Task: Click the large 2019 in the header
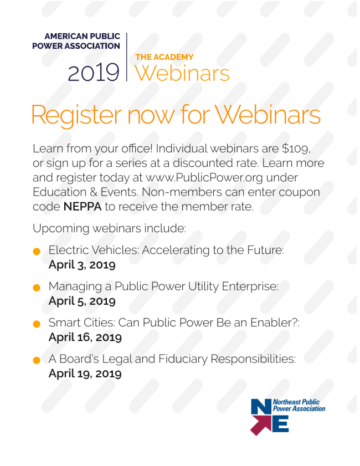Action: (x=94, y=73)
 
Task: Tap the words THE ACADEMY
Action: (x=164, y=57)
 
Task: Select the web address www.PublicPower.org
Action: (x=204, y=178)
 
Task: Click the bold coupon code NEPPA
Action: (x=83, y=207)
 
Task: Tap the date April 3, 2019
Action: (x=82, y=265)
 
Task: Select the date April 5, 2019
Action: (x=82, y=301)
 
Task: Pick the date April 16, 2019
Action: (x=85, y=337)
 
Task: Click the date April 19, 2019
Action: (x=85, y=373)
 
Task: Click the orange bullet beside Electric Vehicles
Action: (x=37, y=252)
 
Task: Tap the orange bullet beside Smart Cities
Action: (x=37, y=324)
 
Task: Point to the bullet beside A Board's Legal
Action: (x=37, y=361)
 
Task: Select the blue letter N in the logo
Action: (x=261, y=407)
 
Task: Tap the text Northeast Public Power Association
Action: (x=299, y=406)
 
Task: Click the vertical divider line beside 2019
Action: (x=127, y=57)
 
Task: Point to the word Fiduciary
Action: (x=183, y=359)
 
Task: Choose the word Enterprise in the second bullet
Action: (x=250, y=287)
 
